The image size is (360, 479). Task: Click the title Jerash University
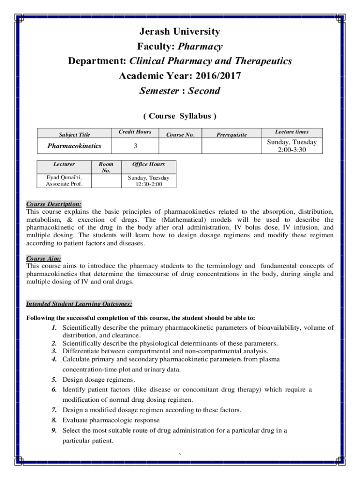click(180, 32)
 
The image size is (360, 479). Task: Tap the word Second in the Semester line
click(204, 91)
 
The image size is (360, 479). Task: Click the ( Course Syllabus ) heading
click(180, 116)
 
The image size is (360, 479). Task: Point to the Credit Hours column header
click(135, 132)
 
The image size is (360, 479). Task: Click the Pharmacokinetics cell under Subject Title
click(74, 146)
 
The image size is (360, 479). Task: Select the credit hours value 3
click(135, 146)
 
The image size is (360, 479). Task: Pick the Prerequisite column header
click(231, 135)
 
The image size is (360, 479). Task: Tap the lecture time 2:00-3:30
click(291, 150)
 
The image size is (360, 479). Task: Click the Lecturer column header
click(64, 164)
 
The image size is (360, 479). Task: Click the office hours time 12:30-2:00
click(148, 184)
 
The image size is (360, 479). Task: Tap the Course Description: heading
click(54, 204)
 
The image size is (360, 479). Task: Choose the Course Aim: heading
click(44, 259)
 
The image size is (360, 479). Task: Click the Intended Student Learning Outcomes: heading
click(79, 304)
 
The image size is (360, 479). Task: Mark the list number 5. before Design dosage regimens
click(54, 379)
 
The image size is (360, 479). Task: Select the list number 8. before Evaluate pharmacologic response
click(54, 420)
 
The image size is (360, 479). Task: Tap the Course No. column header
click(180, 135)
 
